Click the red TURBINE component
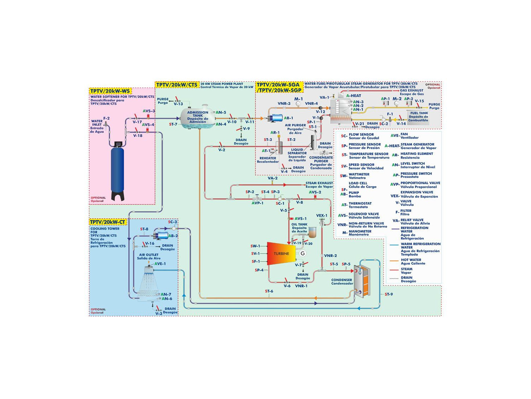click(x=281, y=254)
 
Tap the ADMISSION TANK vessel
click(x=198, y=117)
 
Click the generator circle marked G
click(x=303, y=253)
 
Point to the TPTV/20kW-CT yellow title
click(x=107, y=222)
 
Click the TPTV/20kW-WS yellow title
click(x=110, y=91)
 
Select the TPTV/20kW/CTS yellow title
click(x=177, y=85)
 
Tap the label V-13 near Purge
click(x=178, y=104)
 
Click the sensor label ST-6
click(x=269, y=291)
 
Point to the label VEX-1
click(x=321, y=216)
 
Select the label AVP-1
click(x=257, y=203)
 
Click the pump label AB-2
click(x=173, y=236)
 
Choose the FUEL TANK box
click(x=418, y=117)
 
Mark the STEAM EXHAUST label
click(x=319, y=185)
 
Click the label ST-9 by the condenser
click(x=389, y=294)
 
